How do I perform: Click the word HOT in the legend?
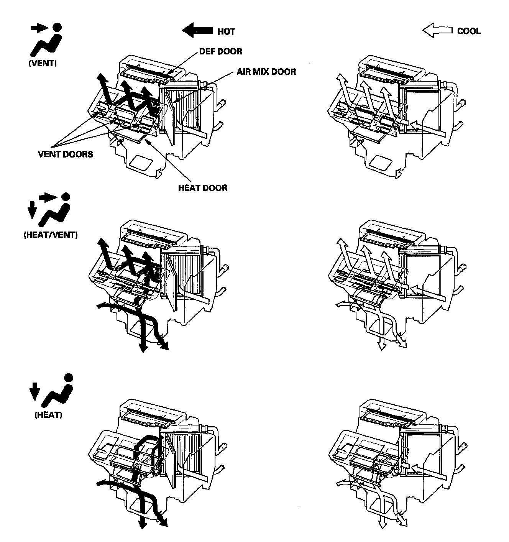226,31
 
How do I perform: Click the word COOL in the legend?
469,31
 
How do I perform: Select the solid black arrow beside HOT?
197,30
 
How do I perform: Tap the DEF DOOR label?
220,51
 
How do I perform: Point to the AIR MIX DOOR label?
266,71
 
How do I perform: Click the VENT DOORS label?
65,154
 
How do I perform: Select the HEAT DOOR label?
203,188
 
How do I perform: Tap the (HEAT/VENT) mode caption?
50,235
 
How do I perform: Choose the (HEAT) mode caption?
48,415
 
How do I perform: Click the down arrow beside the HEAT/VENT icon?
31,211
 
